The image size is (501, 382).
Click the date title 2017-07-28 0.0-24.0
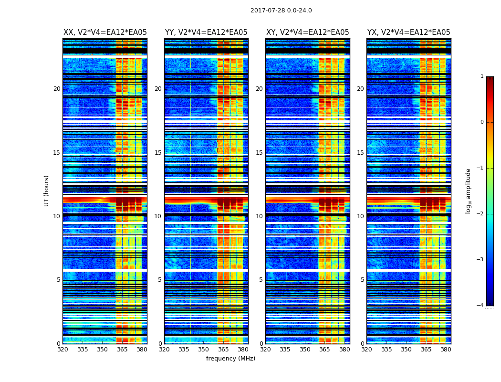[281, 11]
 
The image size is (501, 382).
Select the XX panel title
[105, 32]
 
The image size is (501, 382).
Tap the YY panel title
[206, 32]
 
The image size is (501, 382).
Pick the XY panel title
[307, 32]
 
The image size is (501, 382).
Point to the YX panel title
[408, 32]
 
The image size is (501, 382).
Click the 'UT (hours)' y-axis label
[47, 191]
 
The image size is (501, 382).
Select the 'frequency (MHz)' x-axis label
[230, 359]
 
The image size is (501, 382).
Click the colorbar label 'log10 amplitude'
[469, 191]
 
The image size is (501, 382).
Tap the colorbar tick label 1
[482, 76]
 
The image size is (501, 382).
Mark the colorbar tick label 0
[482, 122]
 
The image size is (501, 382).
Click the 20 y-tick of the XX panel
[57, 89]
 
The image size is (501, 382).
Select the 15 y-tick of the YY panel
[158, 153]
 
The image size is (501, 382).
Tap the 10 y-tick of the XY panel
[259, 216]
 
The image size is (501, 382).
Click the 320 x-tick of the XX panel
[63, 350]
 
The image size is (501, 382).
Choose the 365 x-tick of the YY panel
[223, 350]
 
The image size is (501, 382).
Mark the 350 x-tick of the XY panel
[305, 350]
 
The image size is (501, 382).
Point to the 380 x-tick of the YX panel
[446, 350]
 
